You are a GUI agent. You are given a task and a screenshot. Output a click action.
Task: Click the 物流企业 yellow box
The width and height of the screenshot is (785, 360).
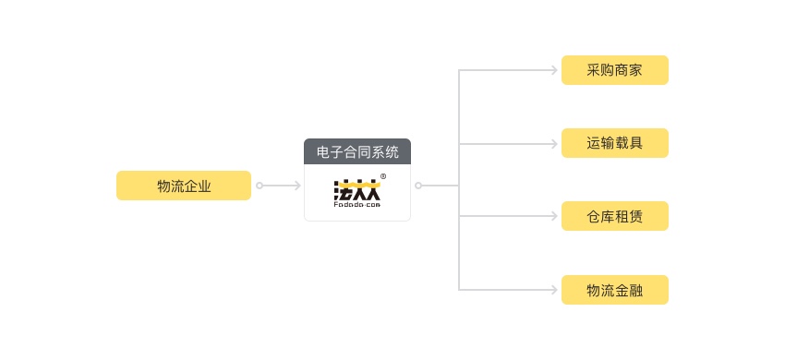point(183,186)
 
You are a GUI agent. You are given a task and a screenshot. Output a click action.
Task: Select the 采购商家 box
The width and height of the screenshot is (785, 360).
point(614,70)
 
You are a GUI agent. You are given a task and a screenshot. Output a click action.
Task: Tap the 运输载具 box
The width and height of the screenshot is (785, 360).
point(614,143)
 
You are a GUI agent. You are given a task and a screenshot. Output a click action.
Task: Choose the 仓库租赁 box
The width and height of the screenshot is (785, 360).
point(614,217)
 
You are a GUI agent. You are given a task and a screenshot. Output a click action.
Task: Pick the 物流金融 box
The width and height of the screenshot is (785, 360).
point(614,290)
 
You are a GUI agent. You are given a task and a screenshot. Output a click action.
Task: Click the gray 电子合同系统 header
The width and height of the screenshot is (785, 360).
point(357,152)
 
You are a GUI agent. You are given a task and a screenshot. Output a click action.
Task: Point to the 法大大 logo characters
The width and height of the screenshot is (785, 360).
point(356,190)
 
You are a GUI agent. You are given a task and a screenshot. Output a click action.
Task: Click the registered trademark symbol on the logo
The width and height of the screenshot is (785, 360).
point(383,176)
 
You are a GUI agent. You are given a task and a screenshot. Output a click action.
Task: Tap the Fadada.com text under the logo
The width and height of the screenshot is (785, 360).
point(356,207)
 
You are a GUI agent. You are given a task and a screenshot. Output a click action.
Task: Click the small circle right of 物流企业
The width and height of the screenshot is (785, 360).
point(260,186)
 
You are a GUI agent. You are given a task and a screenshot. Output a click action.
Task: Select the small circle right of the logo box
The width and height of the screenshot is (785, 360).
point(418,186)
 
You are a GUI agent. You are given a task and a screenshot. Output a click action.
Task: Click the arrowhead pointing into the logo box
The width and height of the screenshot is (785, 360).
point(296,186)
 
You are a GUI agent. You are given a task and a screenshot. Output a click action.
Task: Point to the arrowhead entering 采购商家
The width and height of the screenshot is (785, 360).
point(555,70)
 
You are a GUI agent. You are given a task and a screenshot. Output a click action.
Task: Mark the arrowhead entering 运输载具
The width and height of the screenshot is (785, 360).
point(555,143)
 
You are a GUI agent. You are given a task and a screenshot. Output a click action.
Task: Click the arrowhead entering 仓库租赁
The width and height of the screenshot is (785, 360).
point(555,217)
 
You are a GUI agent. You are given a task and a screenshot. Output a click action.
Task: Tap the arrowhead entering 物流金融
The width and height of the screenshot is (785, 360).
point(555,290)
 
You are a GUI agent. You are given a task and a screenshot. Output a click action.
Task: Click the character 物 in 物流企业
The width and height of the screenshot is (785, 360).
point(163,186)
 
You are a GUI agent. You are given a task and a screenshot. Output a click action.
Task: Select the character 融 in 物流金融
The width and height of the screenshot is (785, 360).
point(635,290)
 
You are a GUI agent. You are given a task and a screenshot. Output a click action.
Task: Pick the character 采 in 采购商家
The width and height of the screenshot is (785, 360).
point(594,70)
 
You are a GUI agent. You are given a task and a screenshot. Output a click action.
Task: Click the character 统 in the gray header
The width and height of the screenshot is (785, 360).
point(392,152)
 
